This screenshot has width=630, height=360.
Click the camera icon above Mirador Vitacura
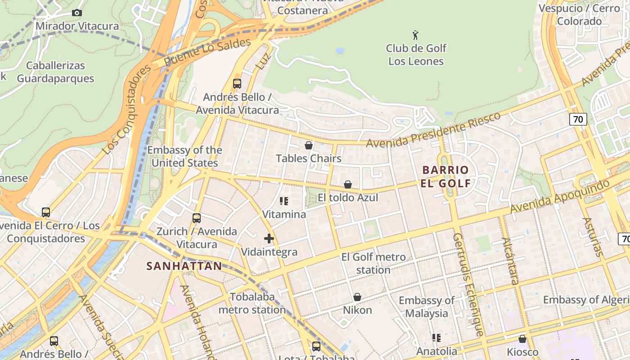pyautogui.click(x=77, y=13)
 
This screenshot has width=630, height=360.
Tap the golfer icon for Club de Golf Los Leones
pyautogui.click(x=416, y=35)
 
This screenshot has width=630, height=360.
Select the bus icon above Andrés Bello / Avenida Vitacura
pyautogui.click(x=237, y=84)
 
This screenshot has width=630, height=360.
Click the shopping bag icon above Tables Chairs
pyautogui.click(x=309, y=145)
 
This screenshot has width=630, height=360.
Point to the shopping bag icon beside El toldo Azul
pyautogui.click(x=348, y=184)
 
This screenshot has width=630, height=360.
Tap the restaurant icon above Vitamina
pyautogui.click(x=284, y=201)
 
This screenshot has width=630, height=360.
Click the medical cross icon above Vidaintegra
pyautogui.click(x=269, y=238)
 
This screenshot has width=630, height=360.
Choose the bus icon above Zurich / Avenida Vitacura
pyautogui.click(x=197, y=218)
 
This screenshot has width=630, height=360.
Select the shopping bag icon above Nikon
pyautogui.click(x=357, y=297)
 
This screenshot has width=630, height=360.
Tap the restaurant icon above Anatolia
pyautogui.click(x=436, y=337)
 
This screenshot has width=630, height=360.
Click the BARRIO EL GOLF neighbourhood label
pyautogui.click(x=446, y=176)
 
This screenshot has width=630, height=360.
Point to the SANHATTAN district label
pyautogui.click(x=184, y=266)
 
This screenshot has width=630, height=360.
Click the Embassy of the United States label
pyautogui.click(x=184, y=156)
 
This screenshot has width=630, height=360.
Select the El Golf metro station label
pyautogui.click(x=373, y=263)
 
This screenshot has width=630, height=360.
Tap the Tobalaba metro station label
pyautogui.click(x=252, y=303)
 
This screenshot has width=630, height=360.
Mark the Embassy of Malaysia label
pyautogui.click(x=427, y=306)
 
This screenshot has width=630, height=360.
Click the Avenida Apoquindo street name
pyautogui.click(x=560, y=197)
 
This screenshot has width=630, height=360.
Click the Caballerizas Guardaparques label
pyautogui.click(x=55, y=72)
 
